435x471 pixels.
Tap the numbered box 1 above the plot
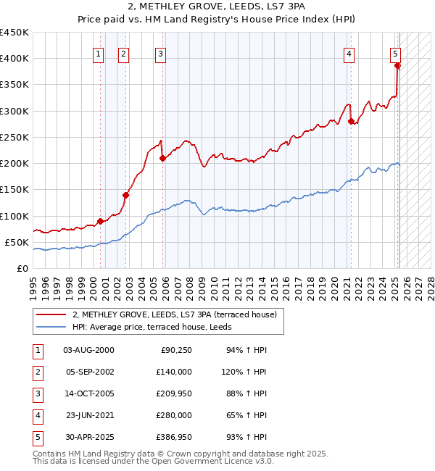99,53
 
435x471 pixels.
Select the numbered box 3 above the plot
160,53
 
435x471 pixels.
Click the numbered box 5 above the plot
396,53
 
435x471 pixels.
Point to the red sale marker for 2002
125,195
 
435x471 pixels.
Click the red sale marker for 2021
351,121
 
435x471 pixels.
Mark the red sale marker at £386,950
397,65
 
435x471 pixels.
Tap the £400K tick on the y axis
14,59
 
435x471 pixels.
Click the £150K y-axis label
14,190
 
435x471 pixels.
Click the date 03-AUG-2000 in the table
88,350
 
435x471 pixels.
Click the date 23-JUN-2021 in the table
88,415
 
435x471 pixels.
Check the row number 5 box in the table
36,437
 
